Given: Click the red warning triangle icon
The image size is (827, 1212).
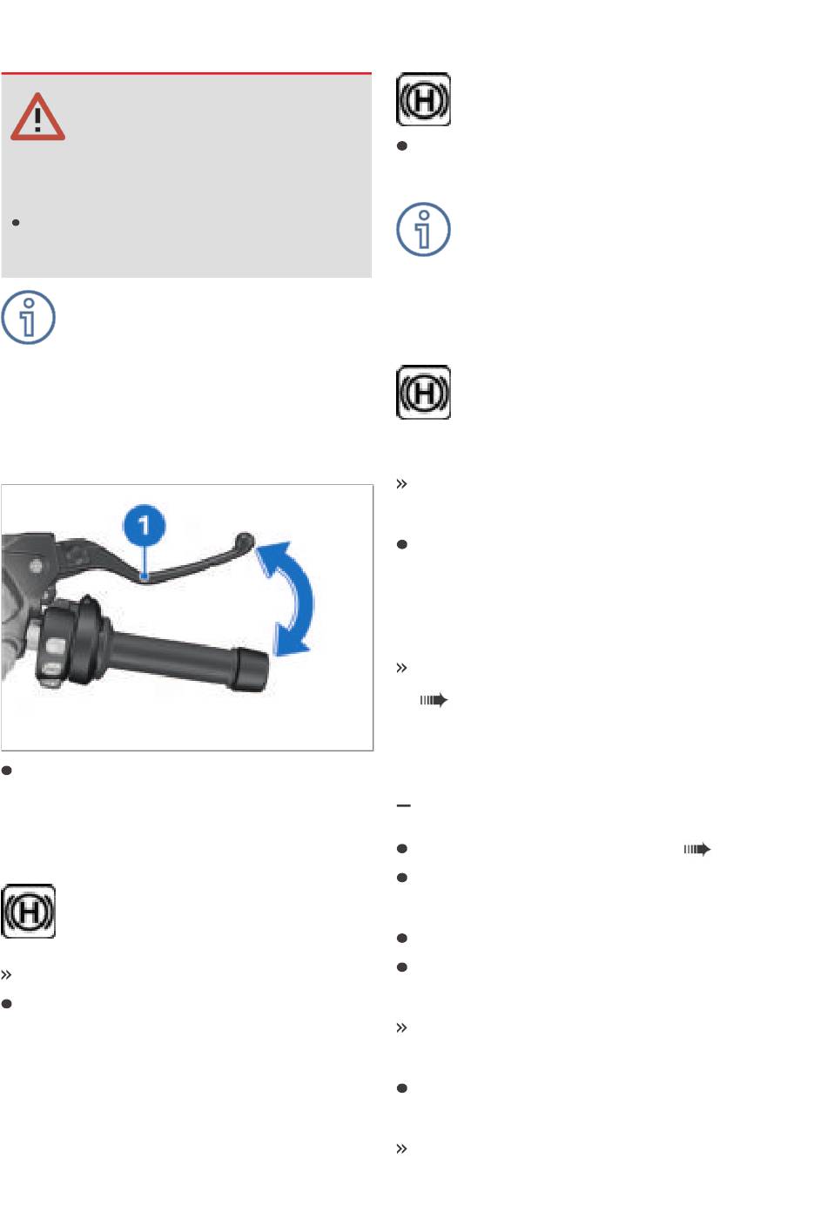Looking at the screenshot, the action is [37, 117].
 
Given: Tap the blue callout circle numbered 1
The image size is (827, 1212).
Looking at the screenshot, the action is [145, 525].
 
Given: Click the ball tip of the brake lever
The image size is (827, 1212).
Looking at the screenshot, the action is [245, 541].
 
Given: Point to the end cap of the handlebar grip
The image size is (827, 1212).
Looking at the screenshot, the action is [250, 669].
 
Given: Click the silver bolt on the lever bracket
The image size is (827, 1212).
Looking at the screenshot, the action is [36, 566].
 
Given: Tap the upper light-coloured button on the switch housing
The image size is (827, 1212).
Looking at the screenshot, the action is [55, 645].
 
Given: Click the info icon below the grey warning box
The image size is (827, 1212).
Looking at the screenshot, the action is [28, 318].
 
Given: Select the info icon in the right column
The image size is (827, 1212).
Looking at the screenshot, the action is [423, 229].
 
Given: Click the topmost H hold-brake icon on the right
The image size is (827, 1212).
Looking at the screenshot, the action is [423, 99].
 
